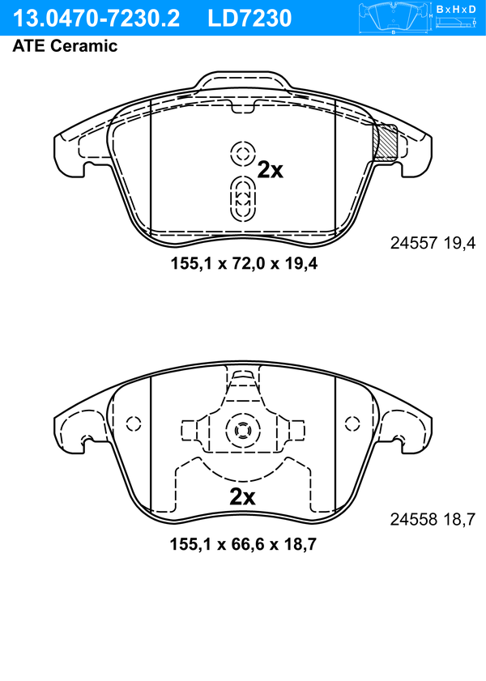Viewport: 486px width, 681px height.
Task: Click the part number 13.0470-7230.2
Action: click(96, 18)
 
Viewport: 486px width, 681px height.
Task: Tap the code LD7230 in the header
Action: click(249, 18)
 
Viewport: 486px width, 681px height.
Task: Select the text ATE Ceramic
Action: click(65, 46)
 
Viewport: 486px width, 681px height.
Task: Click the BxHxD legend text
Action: click(456, 9)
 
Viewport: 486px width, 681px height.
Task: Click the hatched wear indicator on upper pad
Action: click(386, 143)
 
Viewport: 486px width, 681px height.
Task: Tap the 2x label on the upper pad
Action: click(270, 170)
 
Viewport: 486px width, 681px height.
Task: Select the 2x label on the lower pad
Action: click(242, 497)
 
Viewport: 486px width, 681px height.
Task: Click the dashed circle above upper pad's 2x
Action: click(242, 153)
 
